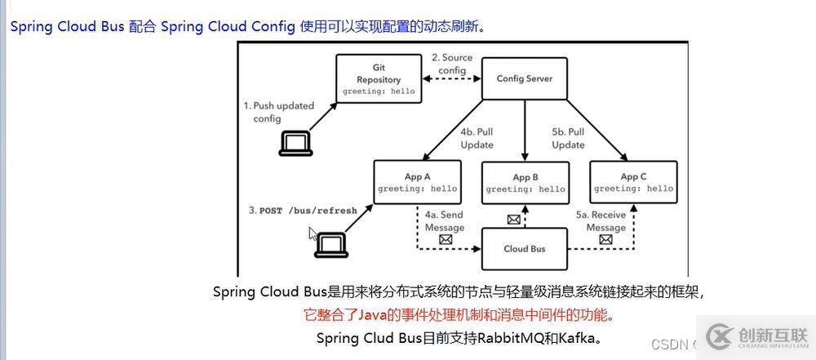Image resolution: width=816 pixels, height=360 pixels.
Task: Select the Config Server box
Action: [x=525, y=79]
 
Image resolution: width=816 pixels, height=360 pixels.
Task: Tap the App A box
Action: [x=417, y=182]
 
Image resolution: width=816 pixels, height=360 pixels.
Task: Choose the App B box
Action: [x=525, y=183]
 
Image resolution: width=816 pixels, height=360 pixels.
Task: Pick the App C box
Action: [x=633, y=182]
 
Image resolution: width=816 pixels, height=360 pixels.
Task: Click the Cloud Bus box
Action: [x=525, y=248]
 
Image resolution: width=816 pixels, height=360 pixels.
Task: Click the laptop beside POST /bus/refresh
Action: [x=331, y=244]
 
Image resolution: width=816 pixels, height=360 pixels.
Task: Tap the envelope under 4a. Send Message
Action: [x=446, y=240]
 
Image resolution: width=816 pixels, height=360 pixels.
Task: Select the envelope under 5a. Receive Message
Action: [x=605, y=240]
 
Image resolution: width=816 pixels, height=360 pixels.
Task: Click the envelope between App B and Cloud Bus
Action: [x=513, y=219]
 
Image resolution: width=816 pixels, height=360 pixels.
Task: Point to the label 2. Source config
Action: [x=452, y=64]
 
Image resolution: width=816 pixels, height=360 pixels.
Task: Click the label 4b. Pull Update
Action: [x=477, y=138]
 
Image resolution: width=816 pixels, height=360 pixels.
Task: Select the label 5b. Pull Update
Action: [x=568, y=138]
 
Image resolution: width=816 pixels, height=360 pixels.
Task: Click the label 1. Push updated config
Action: [x=278, y=112]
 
